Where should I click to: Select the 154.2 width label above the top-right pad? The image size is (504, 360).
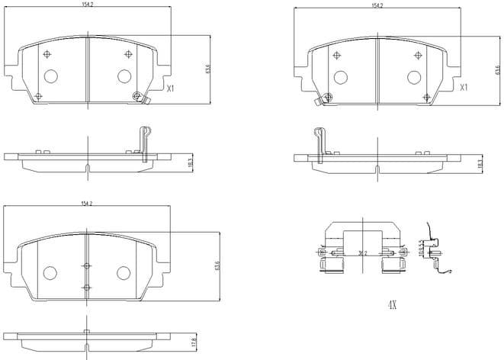tap(376, 6)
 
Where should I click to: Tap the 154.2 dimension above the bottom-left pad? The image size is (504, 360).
tap(87, 204)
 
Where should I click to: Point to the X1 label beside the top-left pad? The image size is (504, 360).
tap(171, 88)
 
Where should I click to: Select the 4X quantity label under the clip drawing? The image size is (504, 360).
tap(392, 304)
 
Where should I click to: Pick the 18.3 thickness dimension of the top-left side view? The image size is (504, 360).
tap(190, 162)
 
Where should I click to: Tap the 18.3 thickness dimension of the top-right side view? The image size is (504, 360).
tap(480, 163)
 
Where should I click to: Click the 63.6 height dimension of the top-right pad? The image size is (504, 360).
tap(496, 70)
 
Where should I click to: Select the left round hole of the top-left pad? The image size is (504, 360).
tap(50, 76)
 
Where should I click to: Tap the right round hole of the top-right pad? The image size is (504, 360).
tap(415, 76)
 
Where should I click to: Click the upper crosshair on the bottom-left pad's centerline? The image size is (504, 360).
tap(86, 265)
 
